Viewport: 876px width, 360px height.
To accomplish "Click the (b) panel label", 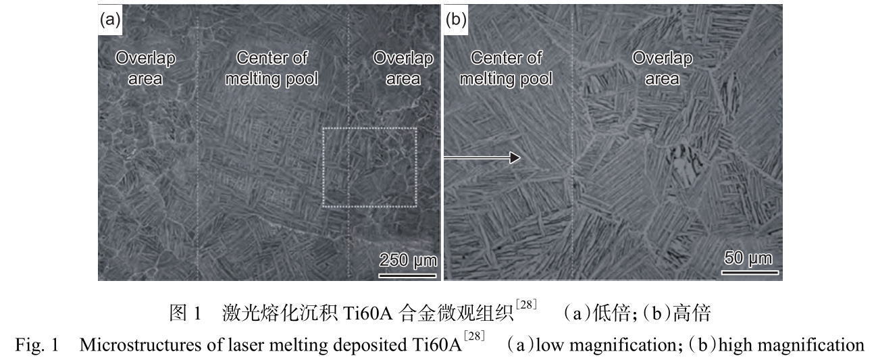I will [457, 20].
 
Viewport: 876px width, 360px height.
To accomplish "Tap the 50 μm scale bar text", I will [748, 258].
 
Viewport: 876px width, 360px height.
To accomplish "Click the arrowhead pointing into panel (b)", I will [515, 157].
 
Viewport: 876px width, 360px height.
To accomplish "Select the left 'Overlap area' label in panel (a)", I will [145, 68].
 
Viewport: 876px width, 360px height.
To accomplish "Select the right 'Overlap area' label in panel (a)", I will [403, 68].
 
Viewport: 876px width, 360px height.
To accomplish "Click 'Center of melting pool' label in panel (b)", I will [506, 68].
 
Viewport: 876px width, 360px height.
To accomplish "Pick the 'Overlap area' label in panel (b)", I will [662, 68].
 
